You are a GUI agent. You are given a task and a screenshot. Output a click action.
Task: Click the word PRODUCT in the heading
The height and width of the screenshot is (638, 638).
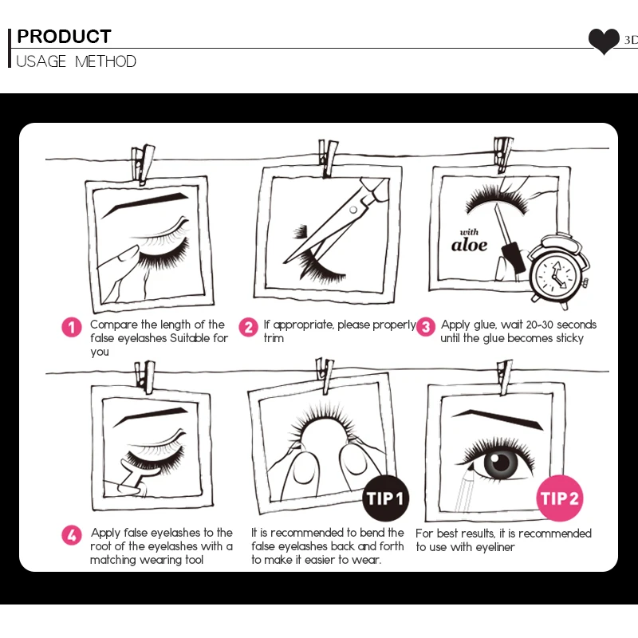(x=64, y=36)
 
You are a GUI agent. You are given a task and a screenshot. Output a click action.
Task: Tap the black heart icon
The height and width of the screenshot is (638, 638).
(x=604, y=41)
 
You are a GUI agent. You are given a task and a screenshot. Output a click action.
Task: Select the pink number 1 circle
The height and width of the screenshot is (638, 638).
(x=72, y=327)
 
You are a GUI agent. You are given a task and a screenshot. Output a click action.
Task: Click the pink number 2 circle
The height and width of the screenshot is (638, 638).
(x=248, y=327)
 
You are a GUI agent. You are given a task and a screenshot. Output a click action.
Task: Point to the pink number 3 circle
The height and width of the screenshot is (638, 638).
(x=426, y=327)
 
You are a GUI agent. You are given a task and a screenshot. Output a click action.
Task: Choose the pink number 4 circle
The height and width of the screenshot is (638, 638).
(x=72, y=535)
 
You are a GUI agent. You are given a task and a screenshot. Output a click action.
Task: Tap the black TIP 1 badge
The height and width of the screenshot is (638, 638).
(x=385, y=498)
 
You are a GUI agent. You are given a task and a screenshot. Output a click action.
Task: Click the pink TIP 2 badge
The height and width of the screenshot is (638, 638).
(x=560, y=498)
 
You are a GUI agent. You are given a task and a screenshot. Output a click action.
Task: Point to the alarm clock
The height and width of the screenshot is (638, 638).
(x=559, y=271)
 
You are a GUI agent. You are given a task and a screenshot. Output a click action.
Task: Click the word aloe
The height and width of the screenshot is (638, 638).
(x=469, y=245)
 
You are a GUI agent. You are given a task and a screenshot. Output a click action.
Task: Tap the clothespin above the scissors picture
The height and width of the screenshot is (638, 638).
(x=328, y=159)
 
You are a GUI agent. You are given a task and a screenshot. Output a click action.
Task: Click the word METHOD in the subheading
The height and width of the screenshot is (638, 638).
(x=105, y=61)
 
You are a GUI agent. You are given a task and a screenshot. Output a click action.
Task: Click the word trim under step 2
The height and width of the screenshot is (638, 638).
(x=274, y=338)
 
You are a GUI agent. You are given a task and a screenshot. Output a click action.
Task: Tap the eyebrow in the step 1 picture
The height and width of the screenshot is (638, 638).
(x=145, y=204)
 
